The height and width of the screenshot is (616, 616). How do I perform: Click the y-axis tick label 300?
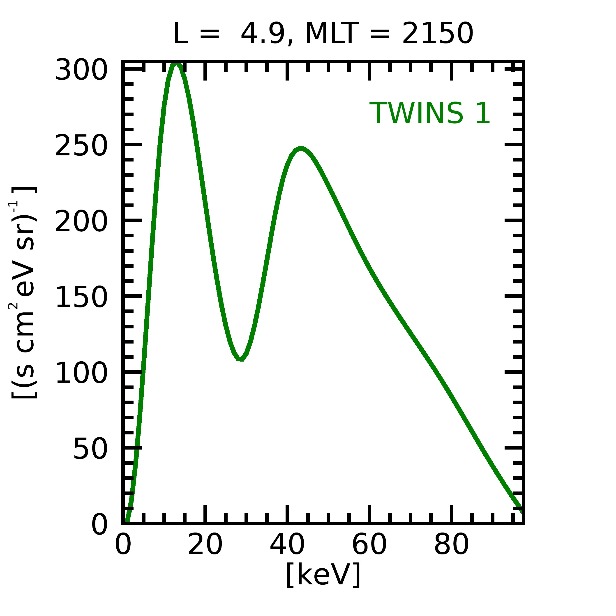[81, 70]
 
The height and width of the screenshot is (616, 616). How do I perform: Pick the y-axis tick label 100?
[81, 373]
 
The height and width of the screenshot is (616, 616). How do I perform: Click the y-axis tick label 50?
[90, 449]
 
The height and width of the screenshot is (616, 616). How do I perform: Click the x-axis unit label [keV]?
[323, 574]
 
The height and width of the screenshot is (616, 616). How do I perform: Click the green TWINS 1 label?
[429, 113]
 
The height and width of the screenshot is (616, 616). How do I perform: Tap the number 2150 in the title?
[437, 33]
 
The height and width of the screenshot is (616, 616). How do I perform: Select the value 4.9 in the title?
[263, 33]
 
